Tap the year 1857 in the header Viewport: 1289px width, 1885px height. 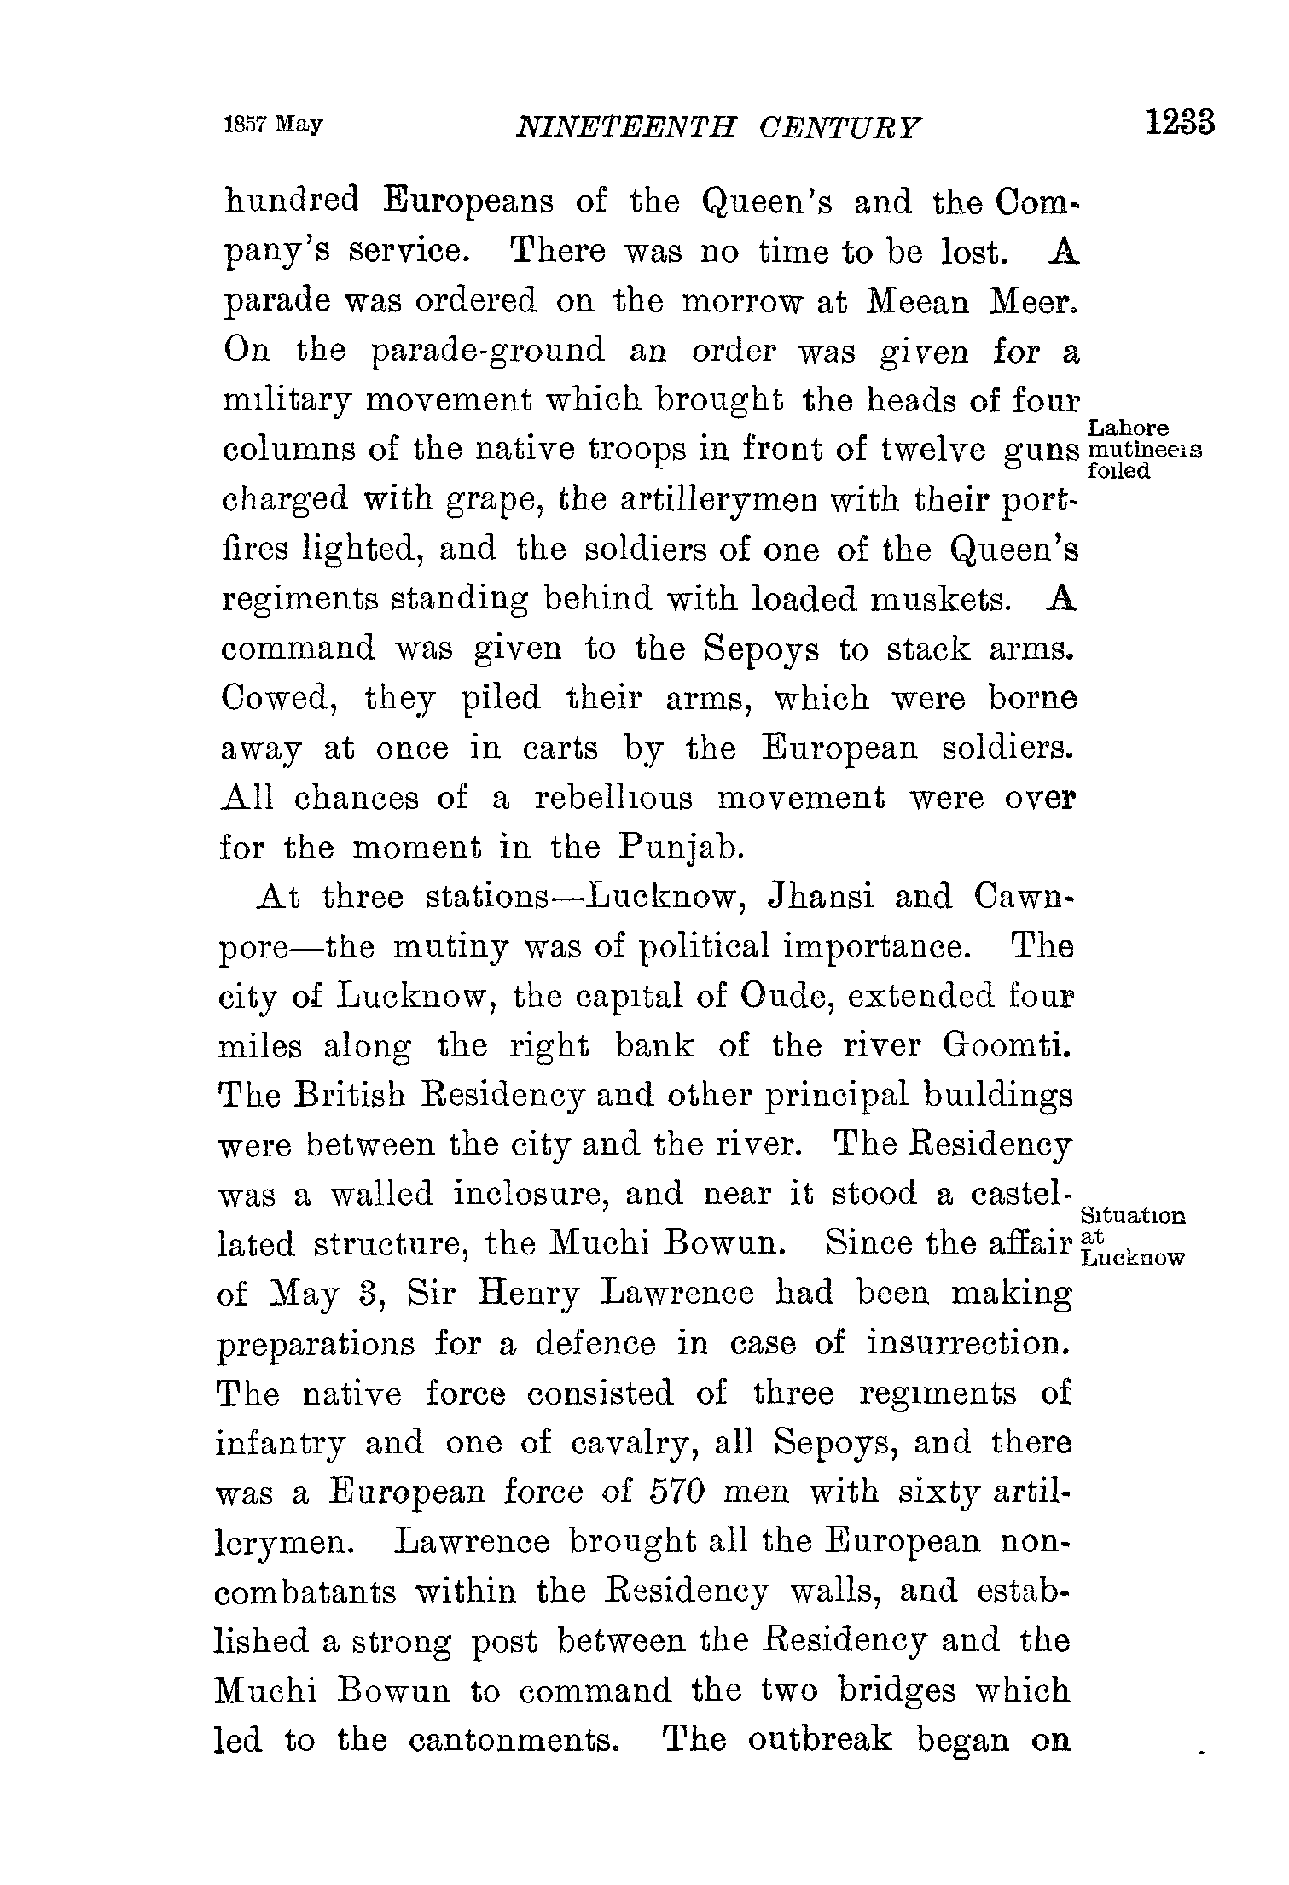coord(245,125)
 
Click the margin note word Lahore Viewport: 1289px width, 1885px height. coord(1129,428)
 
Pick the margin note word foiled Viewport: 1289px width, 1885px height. coord(1119,472)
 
